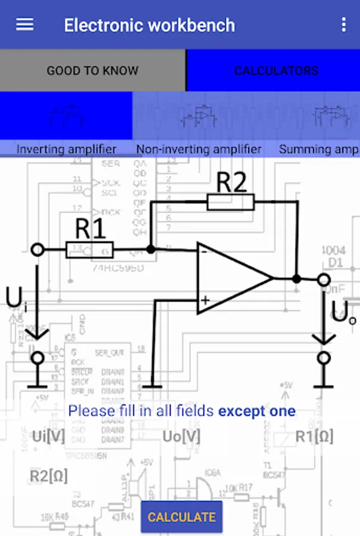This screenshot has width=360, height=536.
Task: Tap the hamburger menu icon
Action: click(25, 24)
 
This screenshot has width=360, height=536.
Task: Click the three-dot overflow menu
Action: click(343, 24)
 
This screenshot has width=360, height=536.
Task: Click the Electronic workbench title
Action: click(149, 25)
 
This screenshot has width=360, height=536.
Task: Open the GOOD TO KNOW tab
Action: click(92, 70)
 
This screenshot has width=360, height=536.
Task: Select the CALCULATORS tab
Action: click(276, 70)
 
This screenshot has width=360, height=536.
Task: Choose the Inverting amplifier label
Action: click(66, 149)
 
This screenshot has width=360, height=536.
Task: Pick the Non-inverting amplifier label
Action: click(199, 149)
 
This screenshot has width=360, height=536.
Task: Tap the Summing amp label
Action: click(319, 149)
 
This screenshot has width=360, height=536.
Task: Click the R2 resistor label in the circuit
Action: click(231, 182)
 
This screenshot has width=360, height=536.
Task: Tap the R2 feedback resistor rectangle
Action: click(231, 202)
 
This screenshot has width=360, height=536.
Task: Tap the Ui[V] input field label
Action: click(48, 436)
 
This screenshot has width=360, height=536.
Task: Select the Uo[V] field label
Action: click(181, 436)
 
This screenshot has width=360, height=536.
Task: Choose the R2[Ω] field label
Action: click(49, 475)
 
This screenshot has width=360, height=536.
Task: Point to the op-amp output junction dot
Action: click(296, 278)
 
